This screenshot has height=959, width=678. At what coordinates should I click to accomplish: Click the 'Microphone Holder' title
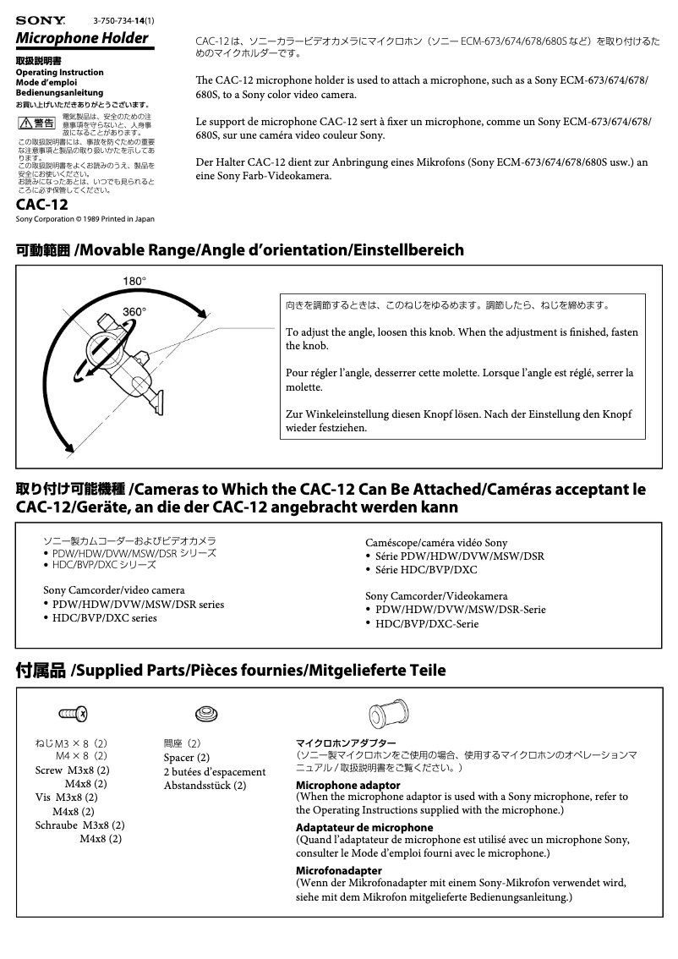[x=83, y=38]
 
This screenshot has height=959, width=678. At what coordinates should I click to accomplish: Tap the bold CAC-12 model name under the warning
[x=42, y=204]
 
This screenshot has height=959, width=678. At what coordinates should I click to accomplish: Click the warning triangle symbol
[x=25, y=123]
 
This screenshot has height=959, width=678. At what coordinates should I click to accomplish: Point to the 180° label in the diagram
[x=134, y=281]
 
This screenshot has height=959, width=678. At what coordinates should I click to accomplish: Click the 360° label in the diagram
[x=134, y=311]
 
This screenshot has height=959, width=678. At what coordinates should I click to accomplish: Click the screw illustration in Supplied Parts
[x=74, y=715]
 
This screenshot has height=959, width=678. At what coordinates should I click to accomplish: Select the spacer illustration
[x=205, y=714]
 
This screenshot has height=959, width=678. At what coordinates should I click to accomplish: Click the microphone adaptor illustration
[x=391, y=714]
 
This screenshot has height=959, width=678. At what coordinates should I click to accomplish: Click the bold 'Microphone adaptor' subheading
[x=347, y=785]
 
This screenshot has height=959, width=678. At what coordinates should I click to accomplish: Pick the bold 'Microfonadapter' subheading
[x=338, y=870]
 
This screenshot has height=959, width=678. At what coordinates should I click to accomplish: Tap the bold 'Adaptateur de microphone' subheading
[x=364, y=827]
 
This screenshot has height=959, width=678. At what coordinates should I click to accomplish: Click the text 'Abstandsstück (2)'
[x=205, y=785]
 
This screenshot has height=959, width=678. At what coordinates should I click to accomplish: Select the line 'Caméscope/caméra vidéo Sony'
[x=436, y=542]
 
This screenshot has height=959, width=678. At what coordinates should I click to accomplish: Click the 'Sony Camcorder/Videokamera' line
[x=436, y=595]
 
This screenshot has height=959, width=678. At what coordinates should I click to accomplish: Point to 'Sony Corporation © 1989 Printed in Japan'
[x=85, y=219]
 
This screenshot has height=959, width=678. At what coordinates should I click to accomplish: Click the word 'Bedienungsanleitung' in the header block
[x=59, y=92]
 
